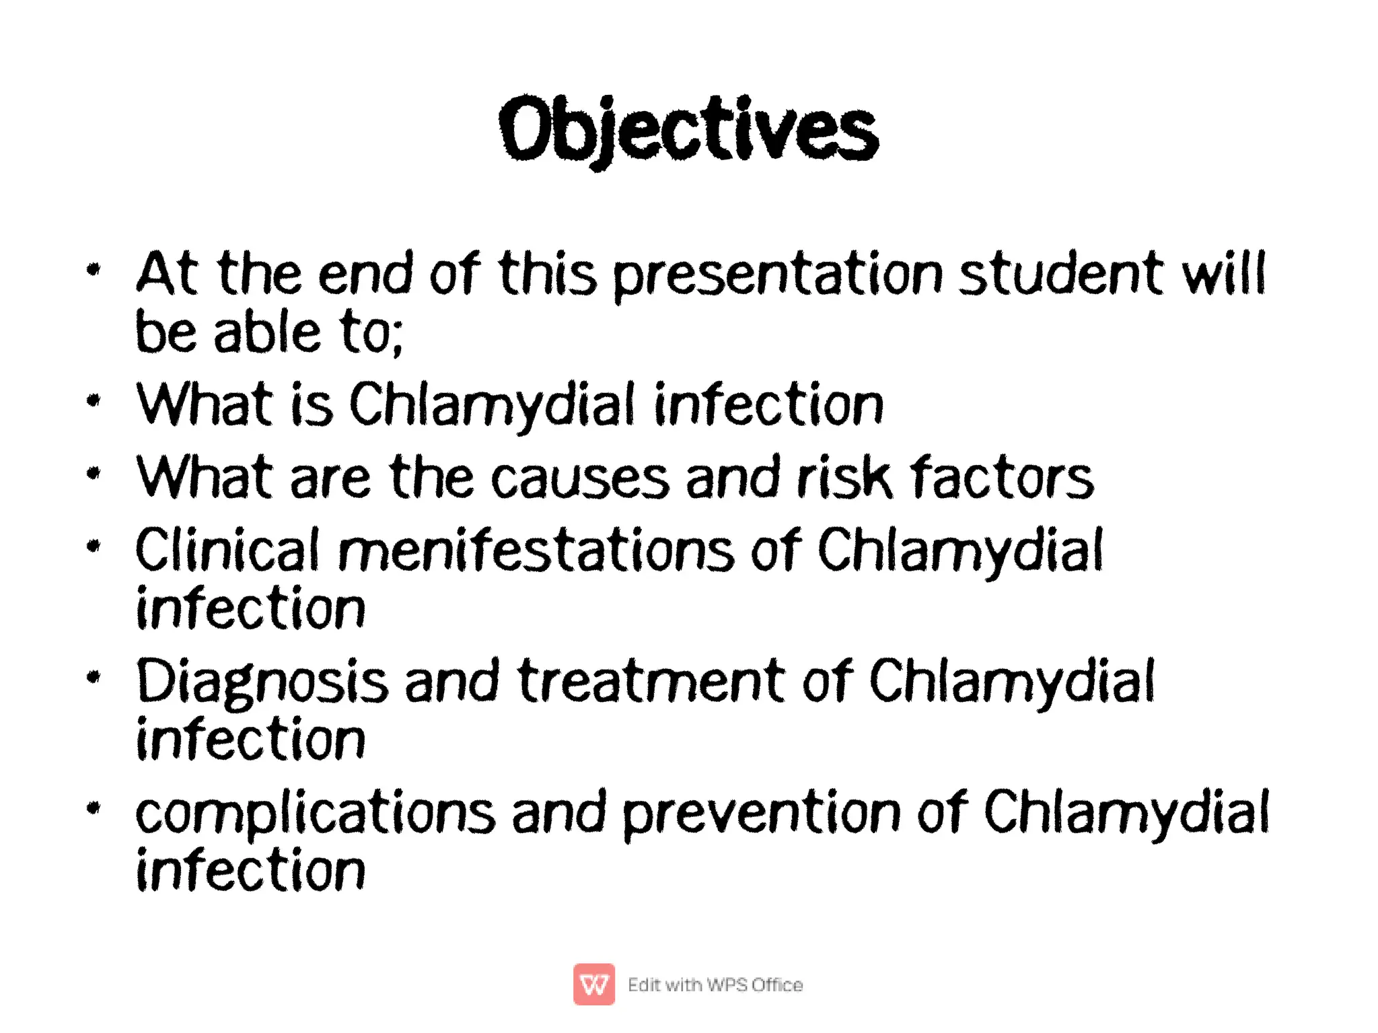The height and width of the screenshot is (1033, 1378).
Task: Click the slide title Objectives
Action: pyautogui.click(x=688, y=129)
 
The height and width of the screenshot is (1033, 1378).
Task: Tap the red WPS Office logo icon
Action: pyautogui.click(x=593, y=984)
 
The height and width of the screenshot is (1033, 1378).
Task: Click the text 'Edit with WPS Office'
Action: pyautogui.click(x=715, y=985)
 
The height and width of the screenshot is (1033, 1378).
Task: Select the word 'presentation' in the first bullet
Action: pyautogui.click(x=778, y=276)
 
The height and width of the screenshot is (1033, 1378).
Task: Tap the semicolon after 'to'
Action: pyautogui.click(x=397, y=336)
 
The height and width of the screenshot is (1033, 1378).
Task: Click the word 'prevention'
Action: pyautogui.click(x=761, y=814)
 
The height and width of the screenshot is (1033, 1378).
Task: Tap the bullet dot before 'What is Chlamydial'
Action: pyautogui.click(x=94, y=401)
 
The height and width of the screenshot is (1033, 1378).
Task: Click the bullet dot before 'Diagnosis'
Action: pyautogui.click(x=94, y=676)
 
